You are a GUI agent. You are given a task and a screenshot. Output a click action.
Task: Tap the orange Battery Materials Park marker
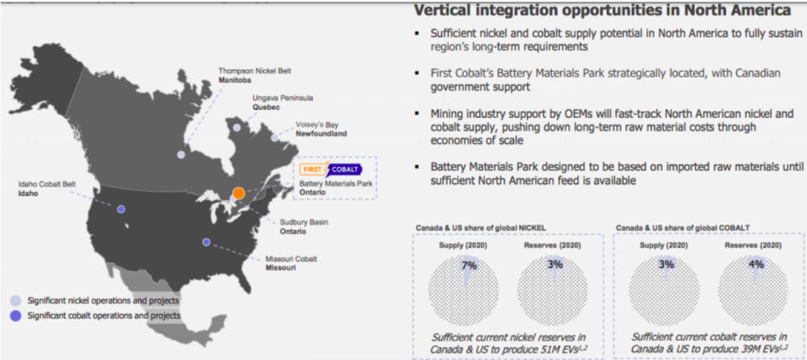coord(238,193)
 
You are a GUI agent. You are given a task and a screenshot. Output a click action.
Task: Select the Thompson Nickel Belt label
coord(248,75)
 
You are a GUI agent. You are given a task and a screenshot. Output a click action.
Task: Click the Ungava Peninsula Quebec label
coord(282,102)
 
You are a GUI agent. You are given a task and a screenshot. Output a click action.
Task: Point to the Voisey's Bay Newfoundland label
coord(321,129)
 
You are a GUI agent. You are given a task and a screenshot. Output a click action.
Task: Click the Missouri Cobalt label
coord(291,263)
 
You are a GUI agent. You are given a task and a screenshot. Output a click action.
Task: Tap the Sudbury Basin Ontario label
coord(303,227)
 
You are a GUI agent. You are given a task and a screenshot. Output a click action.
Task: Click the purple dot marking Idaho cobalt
coord(121,209)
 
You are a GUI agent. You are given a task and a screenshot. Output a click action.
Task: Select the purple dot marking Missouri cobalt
coord(207,242)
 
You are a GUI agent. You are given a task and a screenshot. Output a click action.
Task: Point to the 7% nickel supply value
coord(470,266)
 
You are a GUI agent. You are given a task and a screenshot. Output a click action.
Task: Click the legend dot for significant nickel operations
coord(16,301)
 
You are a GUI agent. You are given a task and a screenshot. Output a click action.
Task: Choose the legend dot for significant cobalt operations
coord(16,315)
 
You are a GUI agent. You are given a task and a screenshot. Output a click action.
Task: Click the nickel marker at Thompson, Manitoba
coord(181,154)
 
